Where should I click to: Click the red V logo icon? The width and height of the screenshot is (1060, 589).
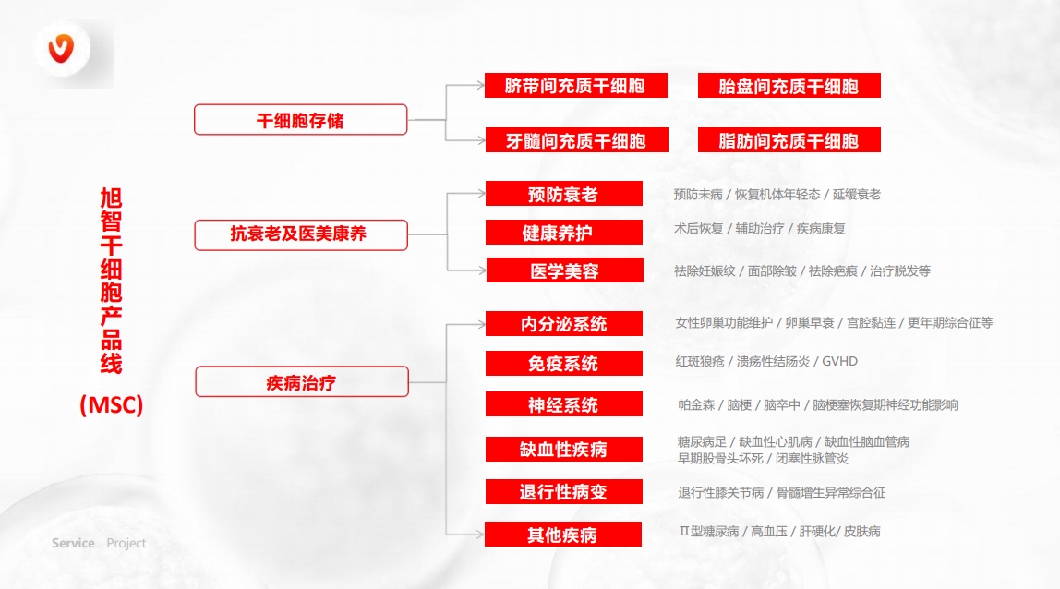(61, 48)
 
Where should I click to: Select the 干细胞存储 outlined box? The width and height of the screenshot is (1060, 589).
(301, 120)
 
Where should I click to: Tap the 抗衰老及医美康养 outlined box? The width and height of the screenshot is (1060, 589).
(301, 235)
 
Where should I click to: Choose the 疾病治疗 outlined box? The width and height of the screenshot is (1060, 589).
(302, 382)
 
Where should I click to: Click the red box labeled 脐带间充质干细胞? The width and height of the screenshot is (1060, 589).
(576, 86)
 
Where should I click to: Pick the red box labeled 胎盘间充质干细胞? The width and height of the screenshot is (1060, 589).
(789, 86)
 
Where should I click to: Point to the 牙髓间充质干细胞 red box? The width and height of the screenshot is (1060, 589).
(577, 140)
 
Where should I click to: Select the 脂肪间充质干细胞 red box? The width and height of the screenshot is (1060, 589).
(789, 140)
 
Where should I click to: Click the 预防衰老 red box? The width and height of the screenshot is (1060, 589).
(564, 193)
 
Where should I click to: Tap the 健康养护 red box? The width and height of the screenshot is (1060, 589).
(564, 232)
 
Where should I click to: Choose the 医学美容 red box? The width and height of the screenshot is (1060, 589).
(564, 270)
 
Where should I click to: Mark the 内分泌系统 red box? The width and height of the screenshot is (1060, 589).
(564, 324)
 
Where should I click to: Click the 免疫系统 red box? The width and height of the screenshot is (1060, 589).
(564, 363)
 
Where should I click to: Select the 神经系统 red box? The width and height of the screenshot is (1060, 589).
(564, 404)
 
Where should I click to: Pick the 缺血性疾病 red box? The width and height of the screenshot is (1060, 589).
(564, 449)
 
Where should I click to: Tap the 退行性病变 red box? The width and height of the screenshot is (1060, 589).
(564, 492)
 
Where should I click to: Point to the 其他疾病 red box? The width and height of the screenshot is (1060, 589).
(563, 535)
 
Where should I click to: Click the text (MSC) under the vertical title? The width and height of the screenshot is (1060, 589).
(112, 405)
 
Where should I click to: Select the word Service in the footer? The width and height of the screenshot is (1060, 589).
(73, 543)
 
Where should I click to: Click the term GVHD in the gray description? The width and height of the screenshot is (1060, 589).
(839, 362)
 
